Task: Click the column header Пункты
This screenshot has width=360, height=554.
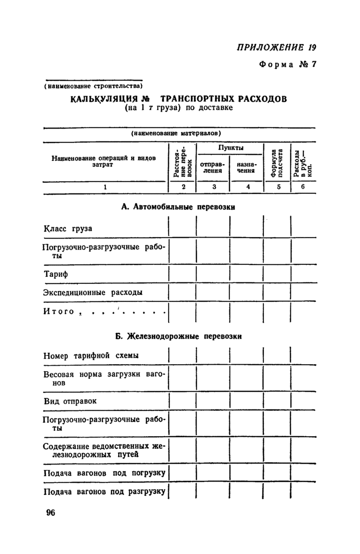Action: (x=230, y=148)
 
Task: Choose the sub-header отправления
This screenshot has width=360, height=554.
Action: (x=212, y=167)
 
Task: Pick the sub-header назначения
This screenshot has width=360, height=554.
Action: (x=246, y=167)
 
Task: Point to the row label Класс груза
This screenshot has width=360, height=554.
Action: (x=68, y=228)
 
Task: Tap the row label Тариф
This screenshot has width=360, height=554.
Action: (x=56, y=274)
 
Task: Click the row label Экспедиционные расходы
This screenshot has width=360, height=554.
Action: (x=93, y=292)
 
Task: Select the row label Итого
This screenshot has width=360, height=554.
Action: (x=59, y=312)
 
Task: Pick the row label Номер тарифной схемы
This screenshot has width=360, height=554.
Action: (x=91, y=356)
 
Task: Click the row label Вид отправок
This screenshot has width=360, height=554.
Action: (x=70, y=401)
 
